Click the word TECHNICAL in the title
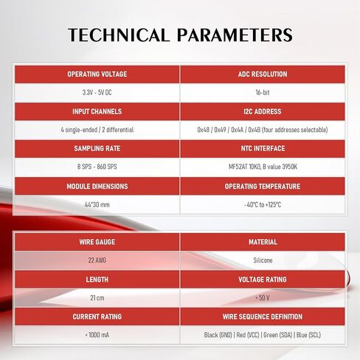pyautogui.click(x=119, y=35)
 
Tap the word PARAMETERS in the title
pyautogui.click(x=235, y=35)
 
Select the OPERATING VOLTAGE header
pyautogui.click(x=97, y=75)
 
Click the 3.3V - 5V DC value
pyautogui.click(x=97, y=92)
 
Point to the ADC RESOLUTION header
pyautogui.click(x=263, y=75)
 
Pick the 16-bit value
pyautogui.click(x=263, y=92)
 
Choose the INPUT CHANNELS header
pyautogui.click(x=97, y=111)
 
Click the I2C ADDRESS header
pyautogui.click(x=263, y=111)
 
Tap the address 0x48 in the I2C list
pyautogui.click(x=204, y=130)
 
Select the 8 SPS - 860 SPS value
pyautogui.click(x=97, y=167)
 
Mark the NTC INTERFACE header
pyautogui.click(x=263, y=148)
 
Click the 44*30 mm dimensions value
pyautogui.click(x=97, y=204)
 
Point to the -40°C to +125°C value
pyautogui.click(x=263, y=204)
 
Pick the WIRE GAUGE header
pyautogui.click(x=97, y=242)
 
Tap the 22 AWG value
pyautogui.click(x=97, y=260)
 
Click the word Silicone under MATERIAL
pyautogui.click(x=263, y=260)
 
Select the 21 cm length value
pyautogui.click(x=97, y=298)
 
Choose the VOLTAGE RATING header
pyautogui.click(x=263, y=280)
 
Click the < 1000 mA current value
pyautogui.click(x=97, y=335)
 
